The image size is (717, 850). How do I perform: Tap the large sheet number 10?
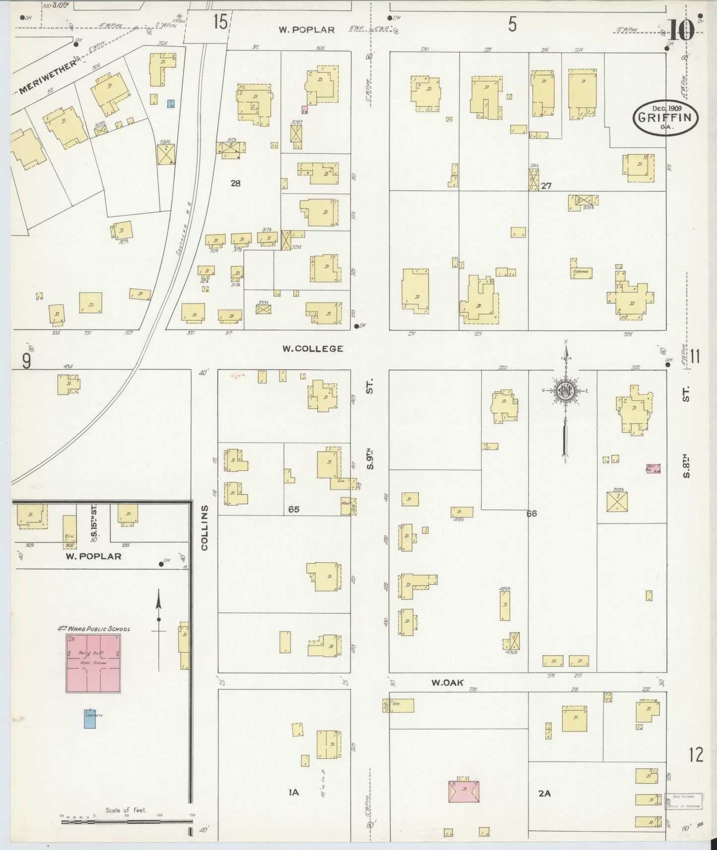pos(681,30)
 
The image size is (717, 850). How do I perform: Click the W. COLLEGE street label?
pos(313,349)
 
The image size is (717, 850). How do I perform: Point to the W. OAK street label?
pos(447,683)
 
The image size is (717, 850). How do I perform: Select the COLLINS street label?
pos(204,528)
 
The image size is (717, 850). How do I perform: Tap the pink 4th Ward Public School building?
pos(93,664)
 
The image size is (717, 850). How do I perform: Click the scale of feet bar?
pos(127,821)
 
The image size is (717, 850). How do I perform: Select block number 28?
pos(235,183)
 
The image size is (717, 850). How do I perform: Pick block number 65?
pos(294,509)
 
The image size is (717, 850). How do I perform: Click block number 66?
pos(531,514)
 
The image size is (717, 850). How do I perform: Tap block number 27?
pos(546,186)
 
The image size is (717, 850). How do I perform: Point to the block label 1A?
pos(293,793)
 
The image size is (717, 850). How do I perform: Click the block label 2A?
pos(544,793)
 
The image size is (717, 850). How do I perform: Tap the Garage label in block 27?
pos(580,272)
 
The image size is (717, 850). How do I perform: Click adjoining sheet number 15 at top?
pos(220,22)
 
